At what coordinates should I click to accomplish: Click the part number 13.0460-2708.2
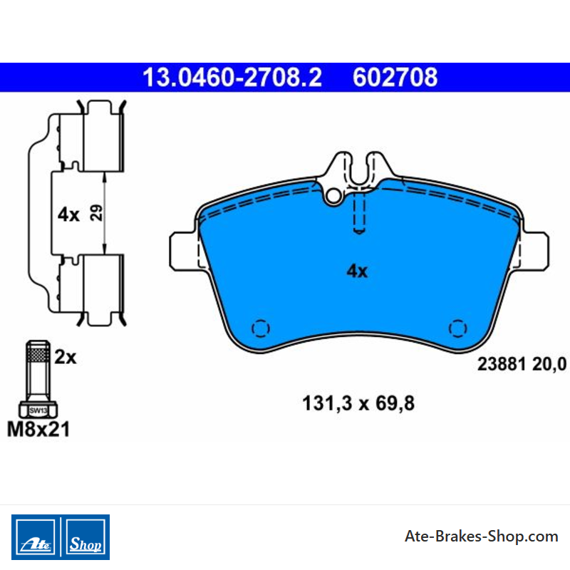click(x=232, y=78)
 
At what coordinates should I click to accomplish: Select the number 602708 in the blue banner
click(x=395, y=78)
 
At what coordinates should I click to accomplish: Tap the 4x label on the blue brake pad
click(x=357, y=271)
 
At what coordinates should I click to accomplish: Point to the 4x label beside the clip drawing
click(x=68, y=214)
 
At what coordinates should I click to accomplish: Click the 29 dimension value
click(x=96, y=213)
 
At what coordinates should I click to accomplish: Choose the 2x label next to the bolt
click(x=66, y=358)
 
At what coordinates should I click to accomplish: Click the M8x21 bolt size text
click(x=38, y=430)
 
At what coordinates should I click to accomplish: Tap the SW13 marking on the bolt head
click(x=38, y=411)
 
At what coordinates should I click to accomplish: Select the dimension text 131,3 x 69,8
click(x=358, y=403)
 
